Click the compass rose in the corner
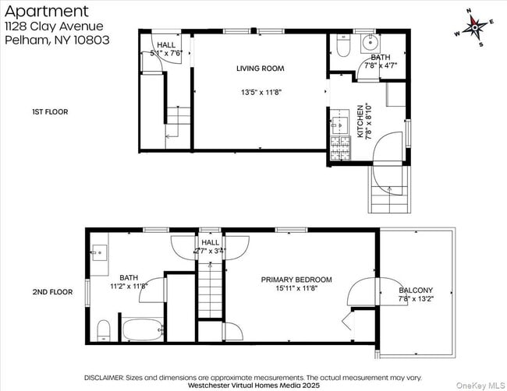click(474, 28)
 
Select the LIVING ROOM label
click(260, 69)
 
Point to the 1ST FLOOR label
click(50, 112)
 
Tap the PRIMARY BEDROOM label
click(296, 280)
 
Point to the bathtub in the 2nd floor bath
click(140, 330)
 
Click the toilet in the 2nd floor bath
click(105, 330)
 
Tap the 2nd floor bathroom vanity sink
click(99, 252)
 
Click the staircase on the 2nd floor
click(209, 296)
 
